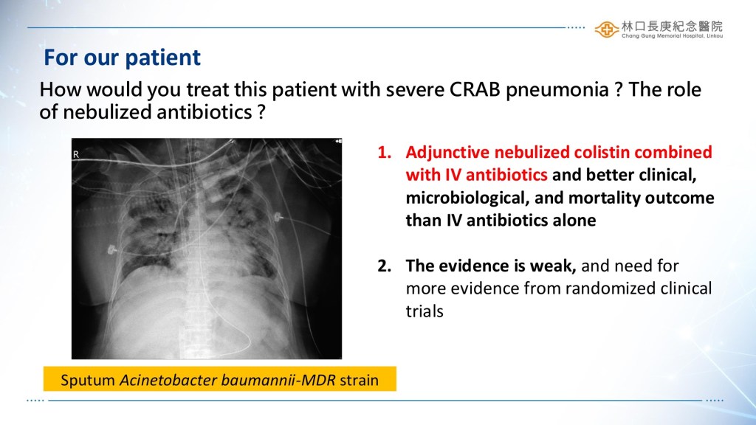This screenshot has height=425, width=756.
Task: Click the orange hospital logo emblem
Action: [607, 30]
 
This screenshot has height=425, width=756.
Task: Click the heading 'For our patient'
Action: [122, 58]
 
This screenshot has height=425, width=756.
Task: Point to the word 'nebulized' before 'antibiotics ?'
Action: [107, 112]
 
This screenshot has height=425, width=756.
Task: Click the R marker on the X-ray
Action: [76, 155]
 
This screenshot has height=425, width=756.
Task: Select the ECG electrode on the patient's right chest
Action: [111, 249]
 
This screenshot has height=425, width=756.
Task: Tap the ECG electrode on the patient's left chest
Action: [278, 218]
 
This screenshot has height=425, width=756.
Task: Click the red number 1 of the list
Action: [384, 152]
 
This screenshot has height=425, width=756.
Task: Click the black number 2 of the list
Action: [384, 266]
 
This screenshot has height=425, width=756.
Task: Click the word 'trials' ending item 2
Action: [425, 311]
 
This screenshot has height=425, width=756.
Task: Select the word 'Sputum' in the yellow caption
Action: [88, 381]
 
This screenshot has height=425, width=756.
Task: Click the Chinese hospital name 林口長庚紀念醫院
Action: [672, 27]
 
